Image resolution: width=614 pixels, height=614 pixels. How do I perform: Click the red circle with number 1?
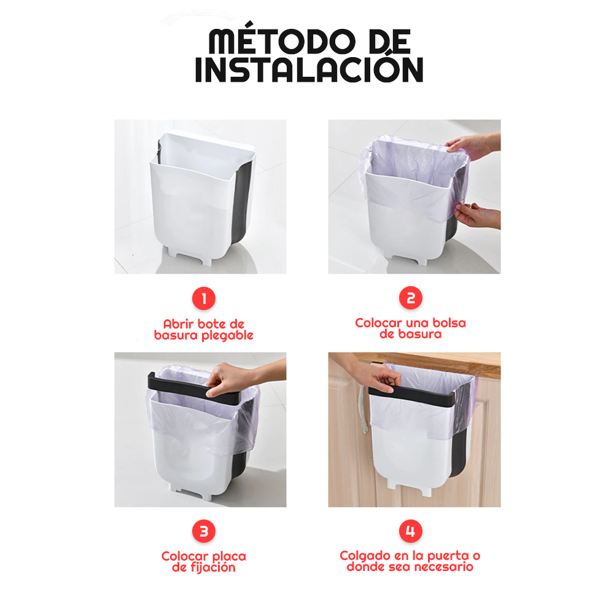click(x=204, y=298)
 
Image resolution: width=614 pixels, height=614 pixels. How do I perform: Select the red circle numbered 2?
click(x=410, y=298)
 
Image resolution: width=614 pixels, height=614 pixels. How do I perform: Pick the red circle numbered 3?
click(x=204, y=531)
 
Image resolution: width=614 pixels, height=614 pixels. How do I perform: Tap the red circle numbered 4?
click(x=410, y=531)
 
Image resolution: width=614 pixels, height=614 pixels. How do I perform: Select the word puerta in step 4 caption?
click(x=448, y=556)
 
